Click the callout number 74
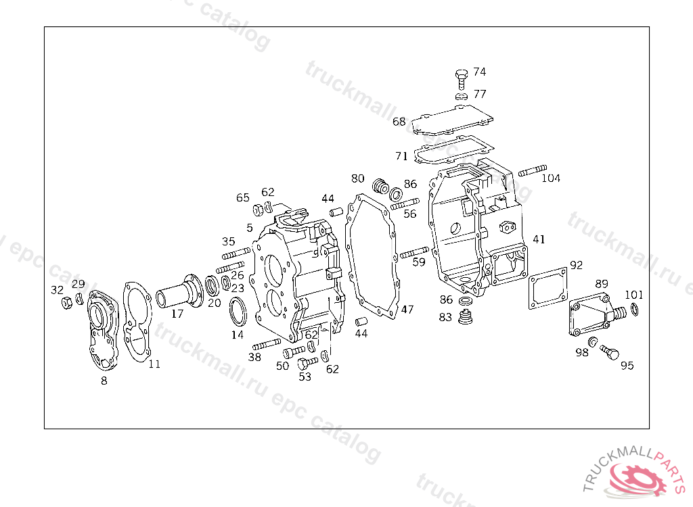tap(480, 72)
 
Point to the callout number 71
tap(401, 156)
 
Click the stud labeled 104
tap(533, 170)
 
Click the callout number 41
tap(539, 239)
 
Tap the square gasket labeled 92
tap(548, 289)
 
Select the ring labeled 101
tap(634, 309)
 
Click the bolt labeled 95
tap(610, 352)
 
